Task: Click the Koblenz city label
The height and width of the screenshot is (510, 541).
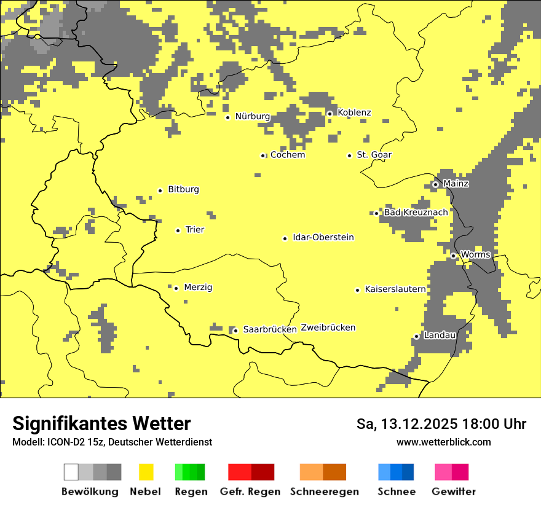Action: coord(354,112)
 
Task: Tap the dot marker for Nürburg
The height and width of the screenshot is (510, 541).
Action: coord(227,117)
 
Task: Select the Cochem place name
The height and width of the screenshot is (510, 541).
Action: coord(288,155)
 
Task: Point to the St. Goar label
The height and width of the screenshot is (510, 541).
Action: coord(374,155)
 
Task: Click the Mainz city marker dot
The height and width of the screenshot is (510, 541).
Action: coord(435,184)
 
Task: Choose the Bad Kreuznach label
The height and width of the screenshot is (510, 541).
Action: coord(416,212)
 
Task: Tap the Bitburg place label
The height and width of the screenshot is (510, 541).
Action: coord(183,189)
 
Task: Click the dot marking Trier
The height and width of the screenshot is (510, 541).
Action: coord(178,230)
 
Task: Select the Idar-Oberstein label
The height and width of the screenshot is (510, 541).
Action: coord(323,237)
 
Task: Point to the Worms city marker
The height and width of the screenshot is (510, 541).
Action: coord(453,256)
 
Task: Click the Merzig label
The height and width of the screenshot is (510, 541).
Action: coord(198,287)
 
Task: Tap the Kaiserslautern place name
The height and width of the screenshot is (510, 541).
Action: coord(395,289)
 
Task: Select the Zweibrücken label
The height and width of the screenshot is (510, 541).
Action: coord(328,328)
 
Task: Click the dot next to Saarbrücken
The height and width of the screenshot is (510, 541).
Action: coord(235,331)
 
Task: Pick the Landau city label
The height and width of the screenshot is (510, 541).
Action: coord(440,335)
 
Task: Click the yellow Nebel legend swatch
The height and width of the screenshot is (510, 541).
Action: coord(146,472)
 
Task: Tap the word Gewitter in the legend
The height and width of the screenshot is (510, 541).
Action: coord(453,492)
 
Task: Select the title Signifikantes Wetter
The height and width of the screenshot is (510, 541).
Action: coord(101,423)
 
